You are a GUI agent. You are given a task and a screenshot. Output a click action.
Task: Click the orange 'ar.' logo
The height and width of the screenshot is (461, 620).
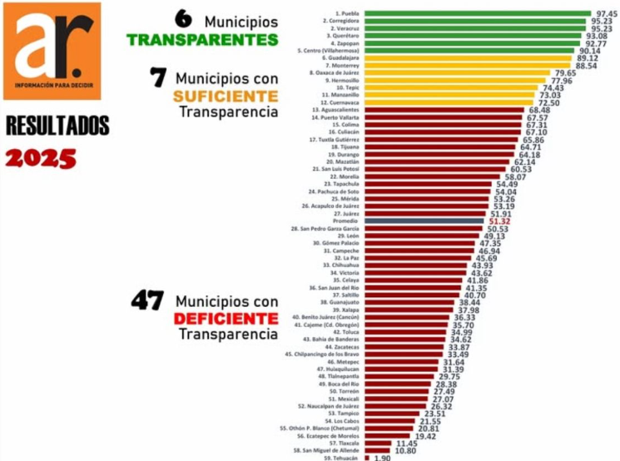point(52,50)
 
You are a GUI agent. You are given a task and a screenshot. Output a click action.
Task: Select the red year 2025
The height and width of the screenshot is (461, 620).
point(41,157)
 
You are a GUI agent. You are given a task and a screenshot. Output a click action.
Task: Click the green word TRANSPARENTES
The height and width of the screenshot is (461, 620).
point(202,39)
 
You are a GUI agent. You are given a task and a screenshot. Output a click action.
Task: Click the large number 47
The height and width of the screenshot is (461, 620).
point(148,300)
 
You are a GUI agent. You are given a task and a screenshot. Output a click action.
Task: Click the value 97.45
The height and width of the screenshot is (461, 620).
point(605,14)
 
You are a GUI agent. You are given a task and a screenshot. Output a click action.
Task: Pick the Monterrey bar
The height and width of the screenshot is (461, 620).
point(467,66)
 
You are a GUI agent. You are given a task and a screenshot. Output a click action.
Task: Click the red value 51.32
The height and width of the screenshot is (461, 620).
point(499,221)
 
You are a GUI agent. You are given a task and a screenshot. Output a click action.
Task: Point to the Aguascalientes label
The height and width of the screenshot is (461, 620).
point(336,110)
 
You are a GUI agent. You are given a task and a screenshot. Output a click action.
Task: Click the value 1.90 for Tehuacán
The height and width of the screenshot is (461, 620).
point(383,458)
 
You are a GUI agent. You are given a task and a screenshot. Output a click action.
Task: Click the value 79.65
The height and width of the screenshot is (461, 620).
point(565,73)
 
